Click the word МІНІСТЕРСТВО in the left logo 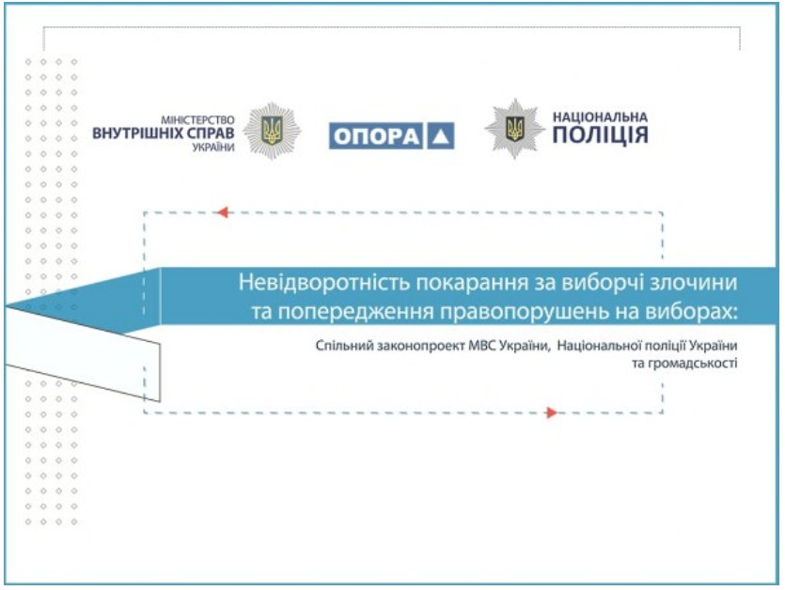point(197,120)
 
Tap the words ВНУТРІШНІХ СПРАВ point(164,133)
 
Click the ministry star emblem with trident point(272,132)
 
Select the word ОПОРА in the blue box point(376,136)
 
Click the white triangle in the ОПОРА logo point(441,136)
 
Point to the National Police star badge point(514,129)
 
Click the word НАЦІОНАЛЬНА point(600,117)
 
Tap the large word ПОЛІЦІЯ point(601,135)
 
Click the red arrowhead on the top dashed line point(223,212)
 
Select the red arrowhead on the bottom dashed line point(552,412)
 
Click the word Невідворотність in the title point(324,282)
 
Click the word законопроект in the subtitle point(420,346)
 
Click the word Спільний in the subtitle point(344,346)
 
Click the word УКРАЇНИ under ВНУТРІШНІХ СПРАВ point(213,147)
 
